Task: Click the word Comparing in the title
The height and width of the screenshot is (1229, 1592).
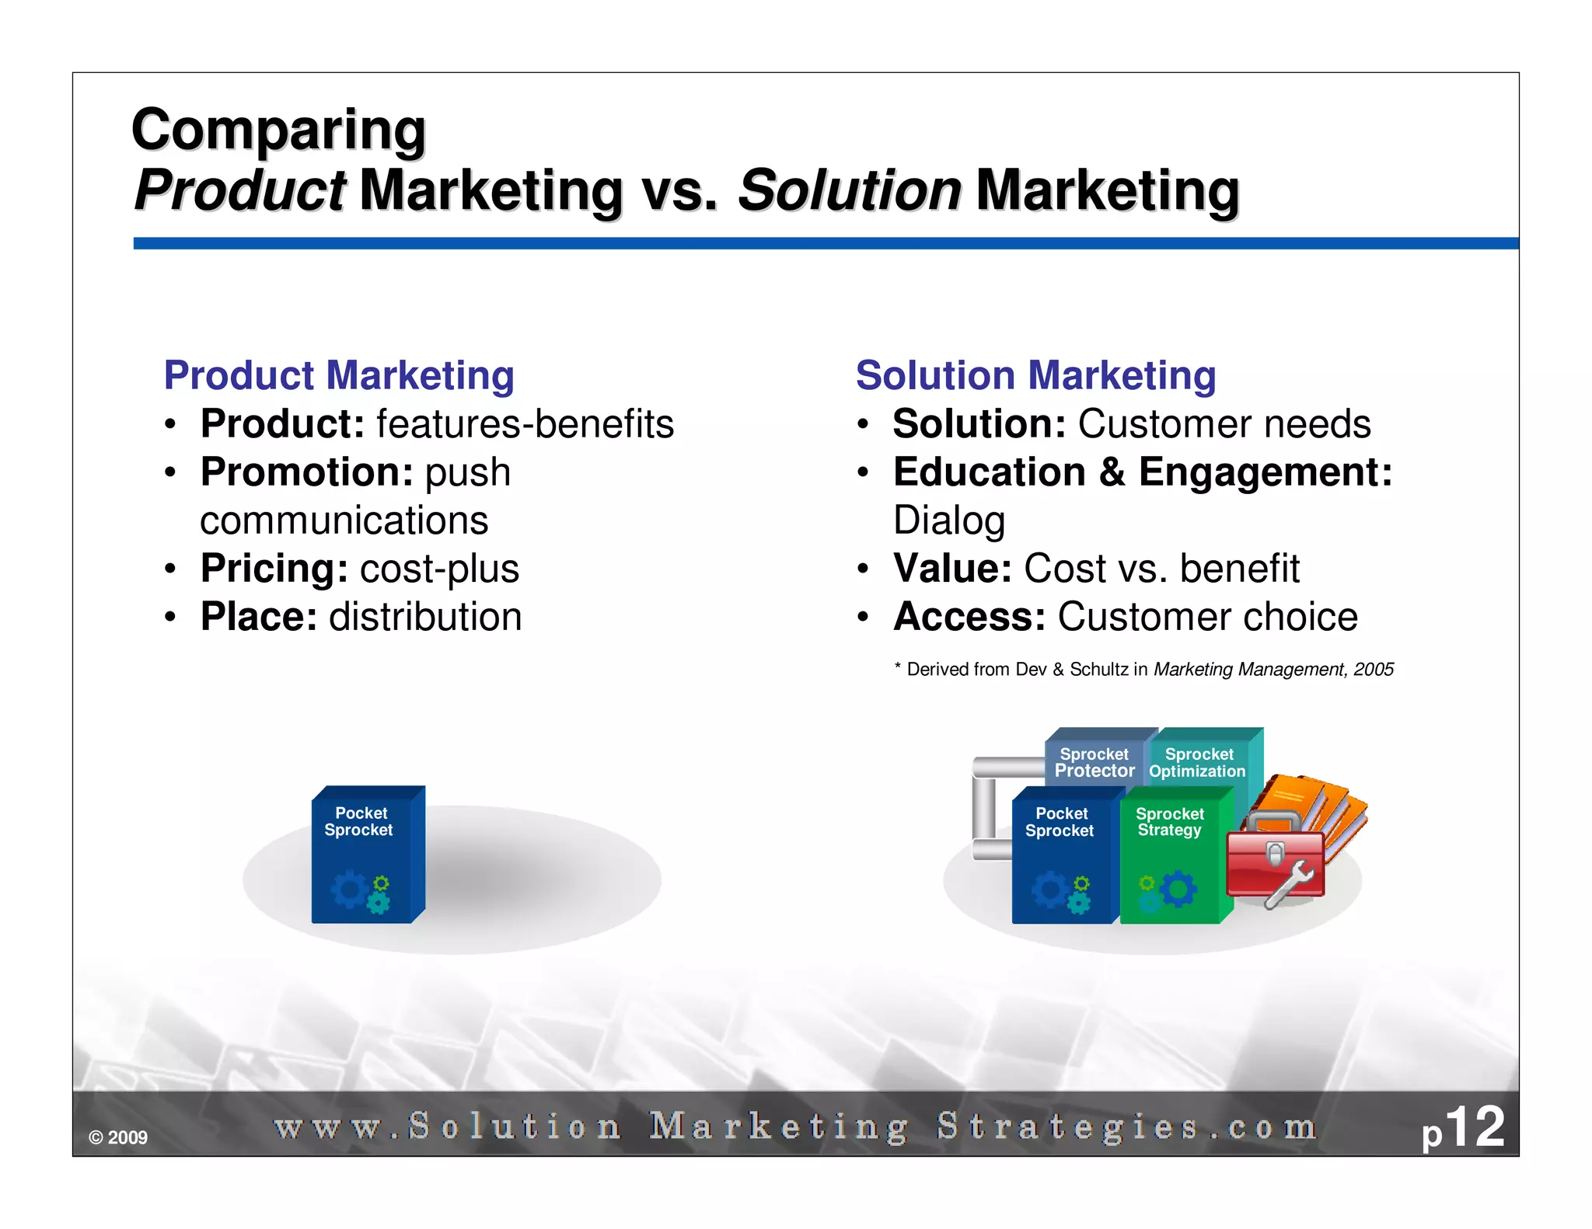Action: point(278,130)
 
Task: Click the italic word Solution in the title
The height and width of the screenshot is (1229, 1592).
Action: point(849,190)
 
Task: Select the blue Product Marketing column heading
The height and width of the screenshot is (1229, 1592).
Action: point(339,376)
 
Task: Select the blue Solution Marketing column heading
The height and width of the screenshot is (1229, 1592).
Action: point(1035,376)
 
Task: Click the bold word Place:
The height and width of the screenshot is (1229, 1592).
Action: point(259,617)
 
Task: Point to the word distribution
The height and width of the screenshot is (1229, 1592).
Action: point(425,617)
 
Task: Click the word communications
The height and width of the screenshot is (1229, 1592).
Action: point(344,520)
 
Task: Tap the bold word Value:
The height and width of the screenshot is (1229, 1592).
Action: point(952,569)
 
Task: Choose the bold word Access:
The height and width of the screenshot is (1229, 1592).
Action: point(969,617)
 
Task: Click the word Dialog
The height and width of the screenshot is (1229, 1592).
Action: point(948,520)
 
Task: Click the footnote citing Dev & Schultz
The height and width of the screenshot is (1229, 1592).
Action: point(1143,670)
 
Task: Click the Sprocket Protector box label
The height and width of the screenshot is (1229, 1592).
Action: point(1094,763)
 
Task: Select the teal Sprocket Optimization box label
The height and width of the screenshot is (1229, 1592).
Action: point(1198,763)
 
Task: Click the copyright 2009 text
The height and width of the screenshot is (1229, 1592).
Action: point(118,1137)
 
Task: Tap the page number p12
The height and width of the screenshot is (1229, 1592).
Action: point(1463,1128)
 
